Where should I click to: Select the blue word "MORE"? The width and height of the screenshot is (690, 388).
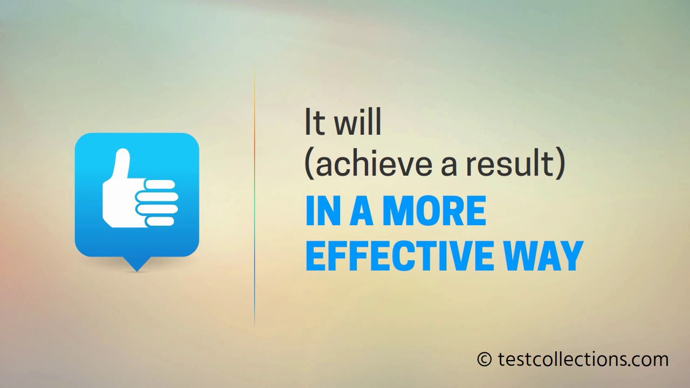(x=434, y=211)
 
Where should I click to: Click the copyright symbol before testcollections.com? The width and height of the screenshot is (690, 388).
(x=485, y=359)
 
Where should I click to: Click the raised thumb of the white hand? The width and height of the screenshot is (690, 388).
(x=123, y=164)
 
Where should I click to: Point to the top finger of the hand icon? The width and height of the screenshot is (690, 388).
(x=160, y=184)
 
